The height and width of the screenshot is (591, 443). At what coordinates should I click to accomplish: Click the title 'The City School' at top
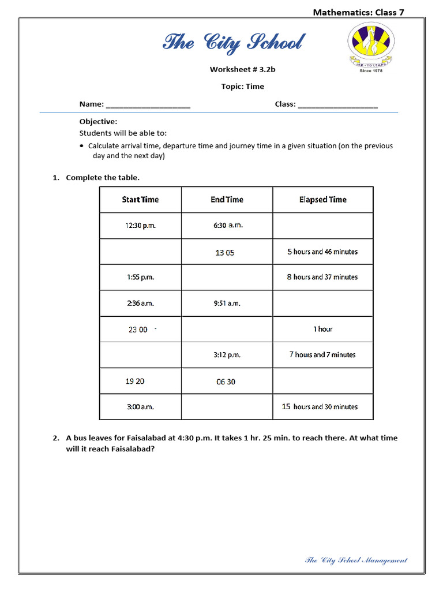[233, 43]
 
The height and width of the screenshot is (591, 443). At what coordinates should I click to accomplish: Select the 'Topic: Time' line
[242, 87]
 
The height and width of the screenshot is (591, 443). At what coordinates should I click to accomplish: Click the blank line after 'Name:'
[148, 105]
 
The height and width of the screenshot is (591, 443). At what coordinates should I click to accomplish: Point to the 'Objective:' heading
[98, 122]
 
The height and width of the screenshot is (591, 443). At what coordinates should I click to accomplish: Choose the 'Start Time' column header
[140, 200]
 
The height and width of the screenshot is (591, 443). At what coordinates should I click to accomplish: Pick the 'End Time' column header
[227, 200]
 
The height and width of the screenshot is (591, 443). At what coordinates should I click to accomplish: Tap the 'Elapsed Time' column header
[323, 200]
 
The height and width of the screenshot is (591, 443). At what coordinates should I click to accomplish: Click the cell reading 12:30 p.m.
[140, 226]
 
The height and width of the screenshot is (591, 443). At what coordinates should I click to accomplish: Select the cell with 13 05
[225, 253]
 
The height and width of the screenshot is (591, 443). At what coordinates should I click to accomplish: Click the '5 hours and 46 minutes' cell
[322, 252]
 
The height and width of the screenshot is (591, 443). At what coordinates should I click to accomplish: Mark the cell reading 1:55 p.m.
[140, 277]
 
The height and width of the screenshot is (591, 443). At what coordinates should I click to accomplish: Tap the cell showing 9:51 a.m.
[227, 303]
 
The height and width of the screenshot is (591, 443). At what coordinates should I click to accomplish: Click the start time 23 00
[138, 330]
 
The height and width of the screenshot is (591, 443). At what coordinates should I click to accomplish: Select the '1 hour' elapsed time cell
[323, 329]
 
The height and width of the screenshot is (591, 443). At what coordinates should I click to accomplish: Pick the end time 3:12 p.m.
[227, 355]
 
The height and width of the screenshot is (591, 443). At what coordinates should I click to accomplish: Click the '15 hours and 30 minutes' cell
[320, 407]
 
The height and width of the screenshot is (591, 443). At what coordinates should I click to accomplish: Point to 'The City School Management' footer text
[356, 560]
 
